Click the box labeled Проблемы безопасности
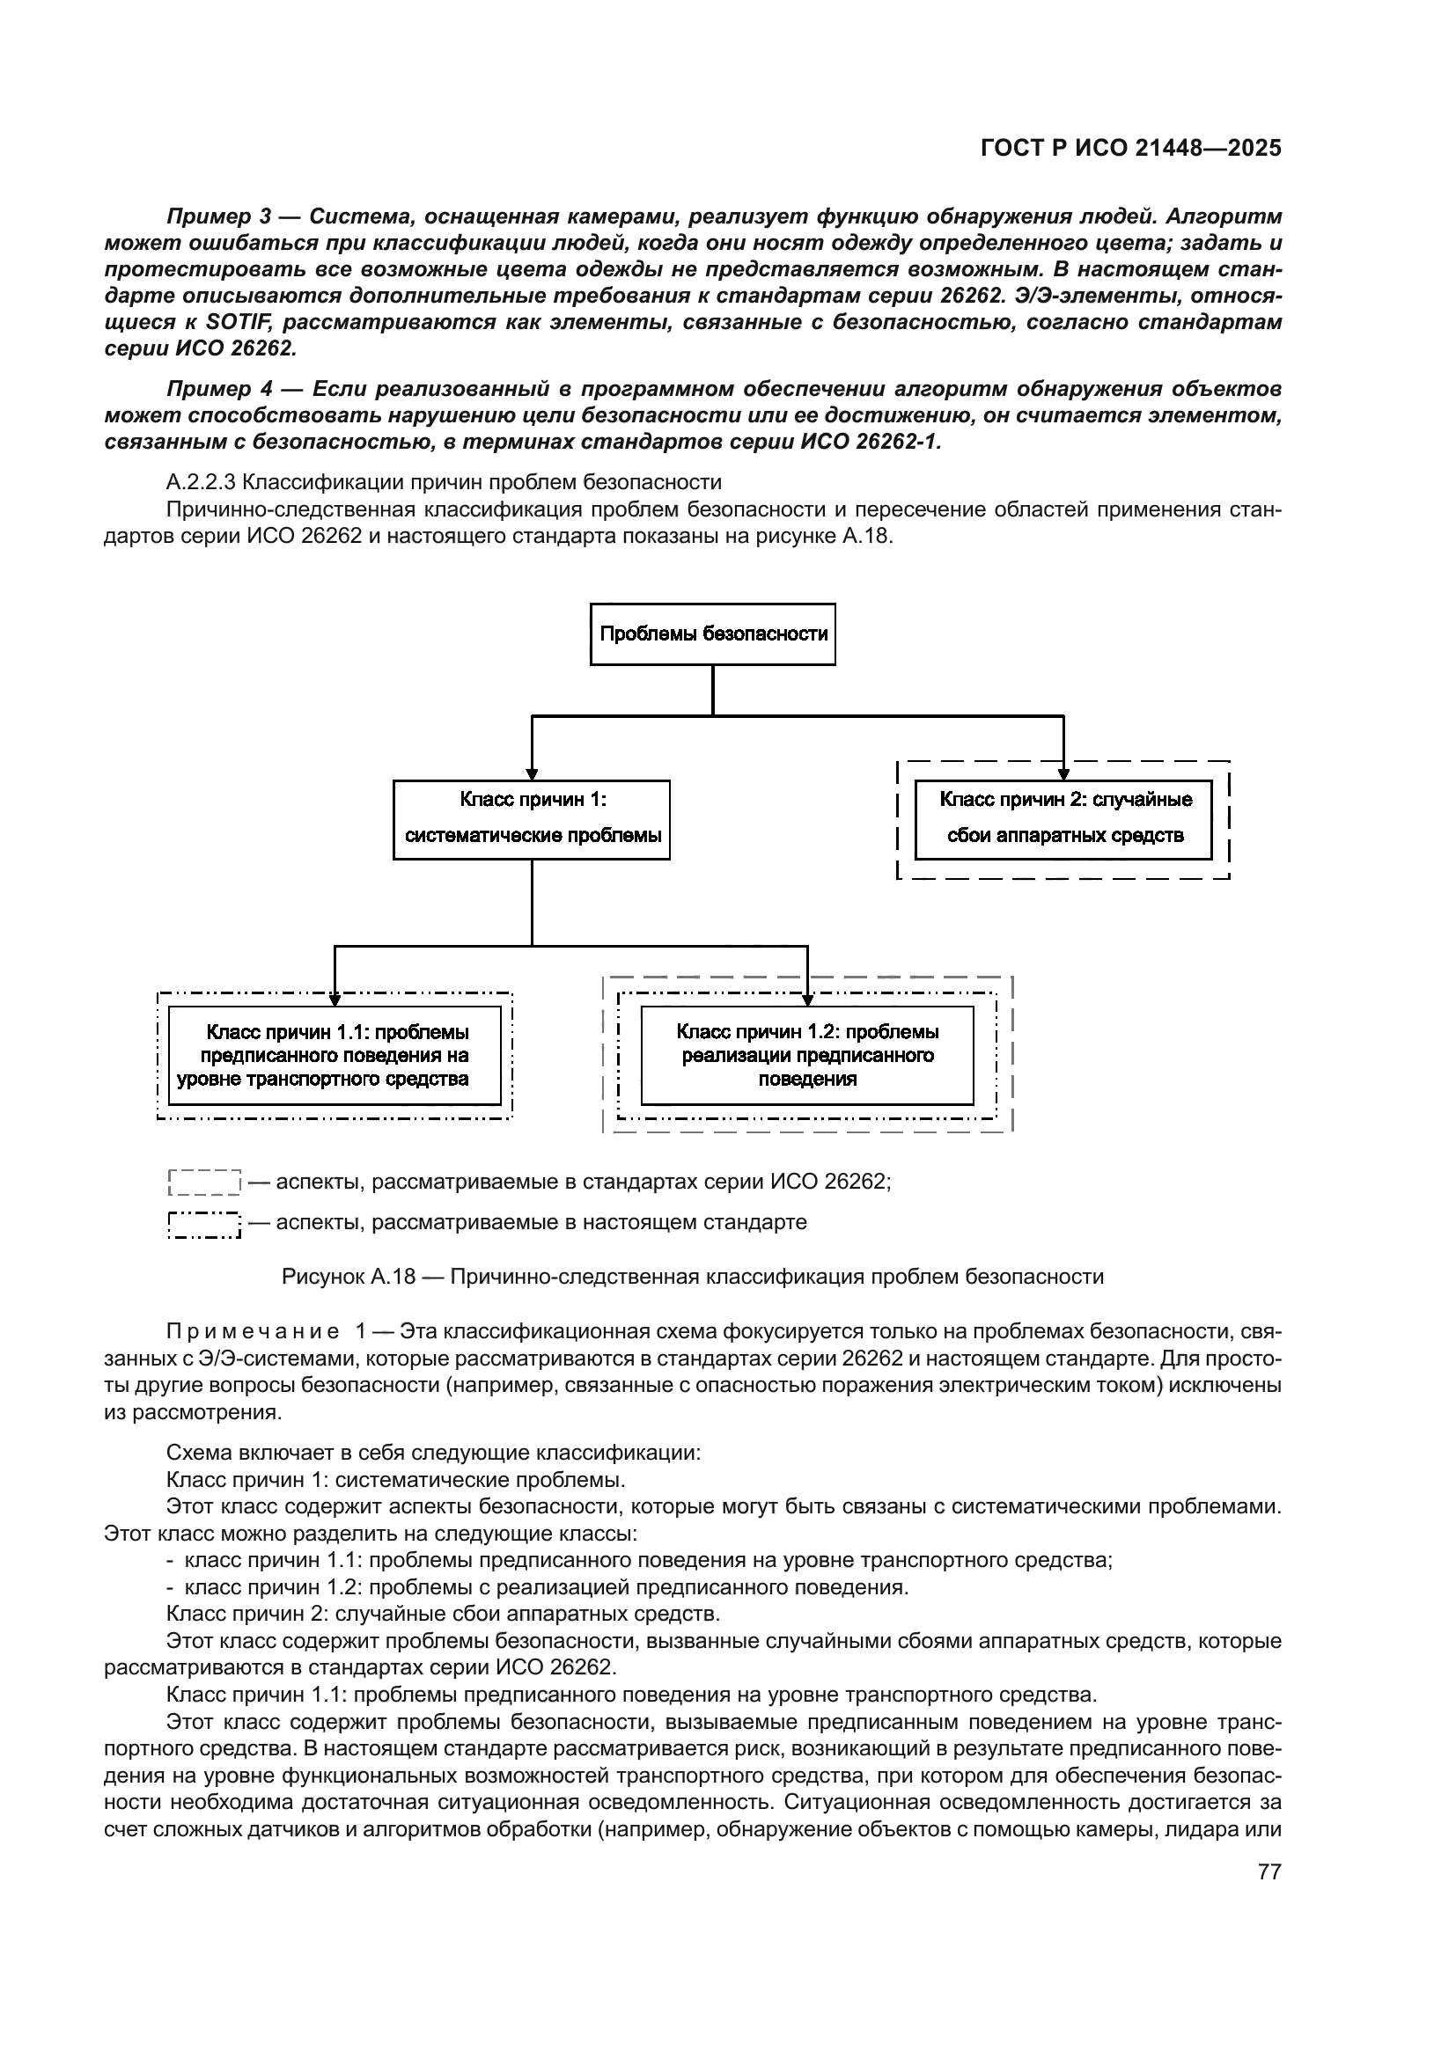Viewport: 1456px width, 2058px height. [x=713, y=634]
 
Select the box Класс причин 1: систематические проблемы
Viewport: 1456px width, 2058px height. [x=532, y=819]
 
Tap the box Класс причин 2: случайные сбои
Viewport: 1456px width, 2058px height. [x=1063, y=819]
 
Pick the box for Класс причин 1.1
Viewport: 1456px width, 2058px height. [x=335, y=1055]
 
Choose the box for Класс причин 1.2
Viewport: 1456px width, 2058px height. [x=807, y=1055]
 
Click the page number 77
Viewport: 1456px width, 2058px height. [x=1269, y=1871]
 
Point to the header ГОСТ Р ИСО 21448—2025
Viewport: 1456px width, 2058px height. [x=1130, y=148]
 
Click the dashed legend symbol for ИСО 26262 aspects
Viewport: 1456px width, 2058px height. [x=204, y=1183]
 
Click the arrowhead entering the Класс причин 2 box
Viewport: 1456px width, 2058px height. [x=1063, y=774]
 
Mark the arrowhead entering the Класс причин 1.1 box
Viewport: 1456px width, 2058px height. [x=335, y=1000]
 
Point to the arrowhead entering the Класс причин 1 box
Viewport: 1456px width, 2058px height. [x=532, y=774]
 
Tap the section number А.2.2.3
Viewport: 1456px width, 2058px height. [x=201, y=483]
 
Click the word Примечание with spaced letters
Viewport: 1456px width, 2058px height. [x=252, y=1332]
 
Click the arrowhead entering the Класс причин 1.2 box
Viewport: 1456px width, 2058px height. [x=808, y=1000]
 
